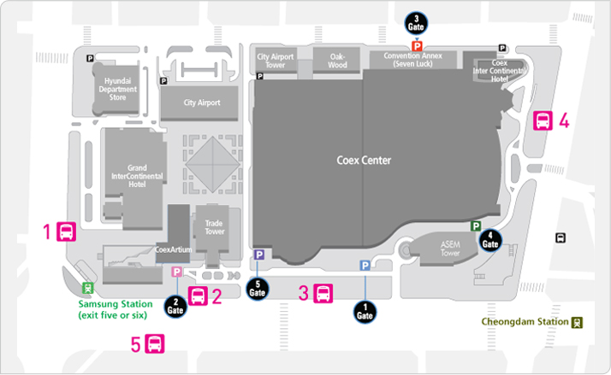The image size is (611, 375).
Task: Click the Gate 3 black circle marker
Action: click(x=416, y=23)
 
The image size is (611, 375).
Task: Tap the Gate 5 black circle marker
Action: click(x=258, y=289)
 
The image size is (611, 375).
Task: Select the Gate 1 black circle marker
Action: click(x=365, y=313)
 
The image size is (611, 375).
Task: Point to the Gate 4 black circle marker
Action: click(x=490, y=240)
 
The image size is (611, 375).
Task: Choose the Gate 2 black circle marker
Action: click(x=175, y=307)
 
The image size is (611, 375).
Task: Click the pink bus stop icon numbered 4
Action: click(x=543, y=120)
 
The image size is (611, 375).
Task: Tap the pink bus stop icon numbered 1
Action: click(x=66, y=231)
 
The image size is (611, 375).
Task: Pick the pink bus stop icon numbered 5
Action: click(x=155, y=344)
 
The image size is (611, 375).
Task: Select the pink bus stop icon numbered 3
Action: click(x=323, y=293)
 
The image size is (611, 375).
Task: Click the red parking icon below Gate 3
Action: click(x=417, y=46)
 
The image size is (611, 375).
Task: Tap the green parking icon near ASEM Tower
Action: click(x=476, y=226)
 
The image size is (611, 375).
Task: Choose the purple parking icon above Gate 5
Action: click(x=259, y=255)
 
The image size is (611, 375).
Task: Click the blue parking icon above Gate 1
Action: click(x=365, y=266)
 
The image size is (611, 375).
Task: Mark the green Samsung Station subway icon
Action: click(x=88, y=288)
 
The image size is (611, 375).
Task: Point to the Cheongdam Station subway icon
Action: click(x=577, y=323)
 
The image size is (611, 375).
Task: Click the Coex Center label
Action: click(x=364, y=161)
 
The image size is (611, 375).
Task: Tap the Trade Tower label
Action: click(x=214, y=227)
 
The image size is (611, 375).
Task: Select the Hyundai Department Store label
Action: click(x=118, y=89)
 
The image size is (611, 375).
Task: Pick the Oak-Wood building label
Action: click(x=337, y=61)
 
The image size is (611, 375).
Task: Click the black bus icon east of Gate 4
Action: click(x=561, y=237)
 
